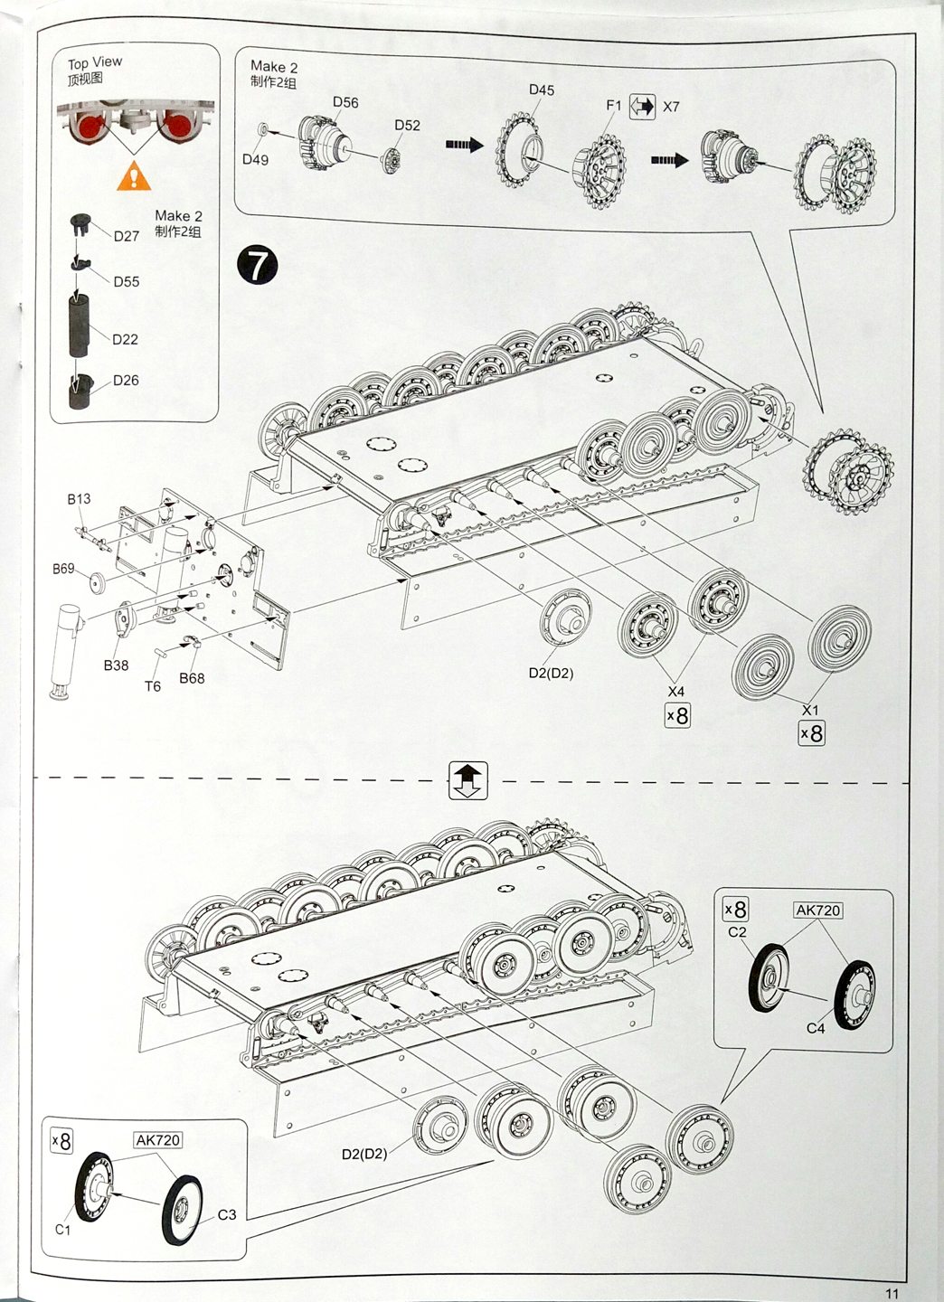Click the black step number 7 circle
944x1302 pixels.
pyautogui.click(x=259, y=265)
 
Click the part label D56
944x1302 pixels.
pyautogui.click(x=345, y=102)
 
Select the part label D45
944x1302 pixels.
pyautogui.click(x=542, y=90)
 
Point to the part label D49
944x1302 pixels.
pyautogui.click(x=255, y=160)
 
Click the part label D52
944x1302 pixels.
pyautogui.click(x=407, y=126)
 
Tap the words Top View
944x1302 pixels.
pyautogui.click(x=95, y=62)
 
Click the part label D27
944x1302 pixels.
pyautogui.click(x=127, y=236)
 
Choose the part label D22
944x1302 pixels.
pyautogui.click(x=125, y=339)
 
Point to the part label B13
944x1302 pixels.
pyautogui.click(x=79, y=498)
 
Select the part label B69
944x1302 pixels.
pyautogui.click(x=63, y=569)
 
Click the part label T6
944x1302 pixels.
pyautogui.click(x=153, y=686)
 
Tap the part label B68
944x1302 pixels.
pyautogui.click(x=192, y=678)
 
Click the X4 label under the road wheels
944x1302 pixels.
pyautogui.click(x=676, y=692)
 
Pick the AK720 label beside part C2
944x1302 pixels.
pyautogui.click(x=817, y=910)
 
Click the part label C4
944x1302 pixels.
pyautogui.click(x=816, y=1028)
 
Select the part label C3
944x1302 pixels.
pyautogui.click(x=227, y=1214)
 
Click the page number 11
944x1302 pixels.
pyautogui.click(x=892, y=1294)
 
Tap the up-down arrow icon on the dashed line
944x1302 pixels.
pyautogui.click(x=467, y=780)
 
